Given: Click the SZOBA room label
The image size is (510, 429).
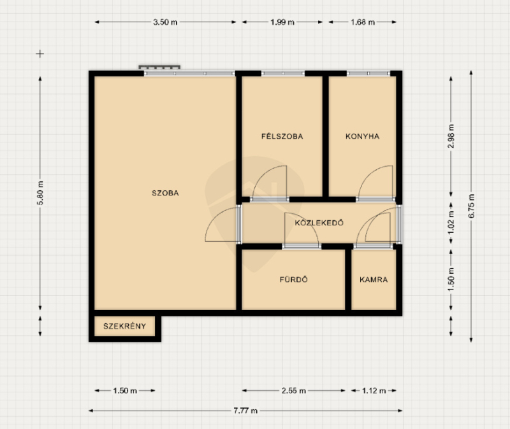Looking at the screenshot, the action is point(165,193).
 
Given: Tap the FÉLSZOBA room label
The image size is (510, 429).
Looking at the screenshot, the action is point(282,136).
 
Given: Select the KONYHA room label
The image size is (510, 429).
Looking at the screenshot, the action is point(362,136).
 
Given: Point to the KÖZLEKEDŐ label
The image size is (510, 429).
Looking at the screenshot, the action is point(319,223).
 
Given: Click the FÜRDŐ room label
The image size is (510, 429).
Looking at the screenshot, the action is point(293,279).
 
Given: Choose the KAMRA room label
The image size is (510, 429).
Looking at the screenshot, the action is point(374,279).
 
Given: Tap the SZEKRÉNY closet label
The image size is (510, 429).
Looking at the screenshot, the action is point(124,326).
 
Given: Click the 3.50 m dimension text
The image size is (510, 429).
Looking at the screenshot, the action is point(165,22).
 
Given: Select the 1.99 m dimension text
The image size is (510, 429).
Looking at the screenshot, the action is point(282,22).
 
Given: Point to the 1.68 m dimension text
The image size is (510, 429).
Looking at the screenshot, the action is point(363,22).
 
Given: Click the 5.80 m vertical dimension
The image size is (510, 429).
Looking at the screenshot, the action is point(40,193).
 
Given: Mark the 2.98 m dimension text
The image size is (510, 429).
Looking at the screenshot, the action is point(451,136).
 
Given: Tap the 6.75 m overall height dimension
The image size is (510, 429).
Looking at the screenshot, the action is point(471,206).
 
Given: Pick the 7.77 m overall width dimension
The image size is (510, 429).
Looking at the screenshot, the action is point(245,411).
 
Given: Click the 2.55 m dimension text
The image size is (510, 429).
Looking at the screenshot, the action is point(293,391).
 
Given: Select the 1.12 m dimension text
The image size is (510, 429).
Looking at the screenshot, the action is point(374,391).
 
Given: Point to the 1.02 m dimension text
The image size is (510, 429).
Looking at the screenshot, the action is point(451,223).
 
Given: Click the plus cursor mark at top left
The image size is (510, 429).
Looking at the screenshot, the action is point(40,53).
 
